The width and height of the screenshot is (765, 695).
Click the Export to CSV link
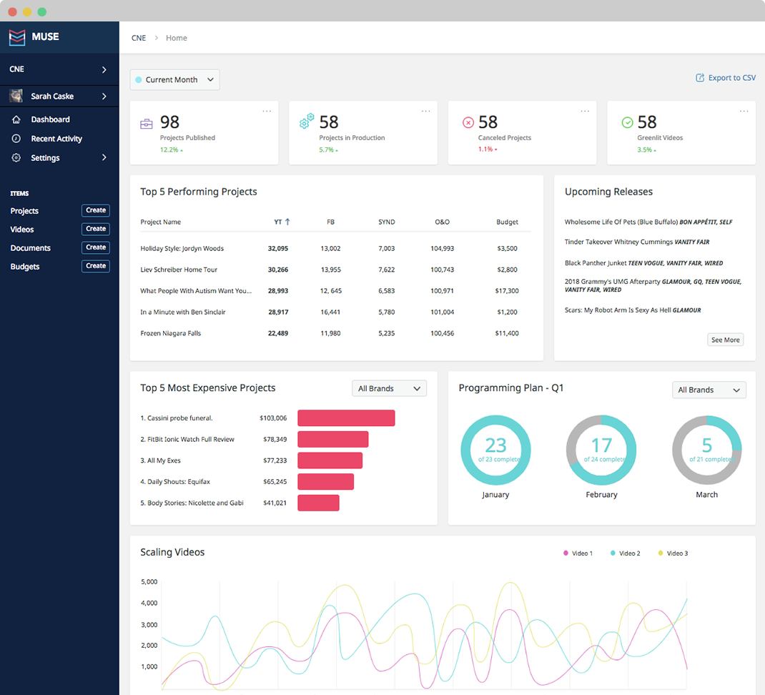point(726,78)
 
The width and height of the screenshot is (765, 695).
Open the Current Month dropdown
point(174,79)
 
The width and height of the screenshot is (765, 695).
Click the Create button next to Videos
point(96,229)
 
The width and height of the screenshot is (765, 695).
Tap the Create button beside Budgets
point(96,266)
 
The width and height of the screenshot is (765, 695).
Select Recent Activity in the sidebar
point(56,139)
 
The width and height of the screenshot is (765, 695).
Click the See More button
point(726,340)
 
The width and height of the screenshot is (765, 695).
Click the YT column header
point(282,222)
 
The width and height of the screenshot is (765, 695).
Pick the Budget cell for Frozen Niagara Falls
point(507,333)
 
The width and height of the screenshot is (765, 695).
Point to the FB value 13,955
point(331,270)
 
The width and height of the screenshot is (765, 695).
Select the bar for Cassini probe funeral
point(347,418)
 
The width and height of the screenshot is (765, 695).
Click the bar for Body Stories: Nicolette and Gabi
point(319,503)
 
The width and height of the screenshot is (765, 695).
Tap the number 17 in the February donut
point(601,445)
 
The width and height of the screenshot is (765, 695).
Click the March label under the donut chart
point(707,494)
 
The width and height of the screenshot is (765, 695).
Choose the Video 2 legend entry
point(626,553)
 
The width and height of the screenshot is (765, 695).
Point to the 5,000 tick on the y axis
point(149,582)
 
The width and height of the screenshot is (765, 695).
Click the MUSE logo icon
point(17,37)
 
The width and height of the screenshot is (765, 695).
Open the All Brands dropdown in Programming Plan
point(709,390)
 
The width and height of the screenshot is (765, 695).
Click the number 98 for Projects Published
point(169,122)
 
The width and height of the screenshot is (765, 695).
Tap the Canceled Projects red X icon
point(468,122)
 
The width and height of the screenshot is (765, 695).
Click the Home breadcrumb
point(176,38)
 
